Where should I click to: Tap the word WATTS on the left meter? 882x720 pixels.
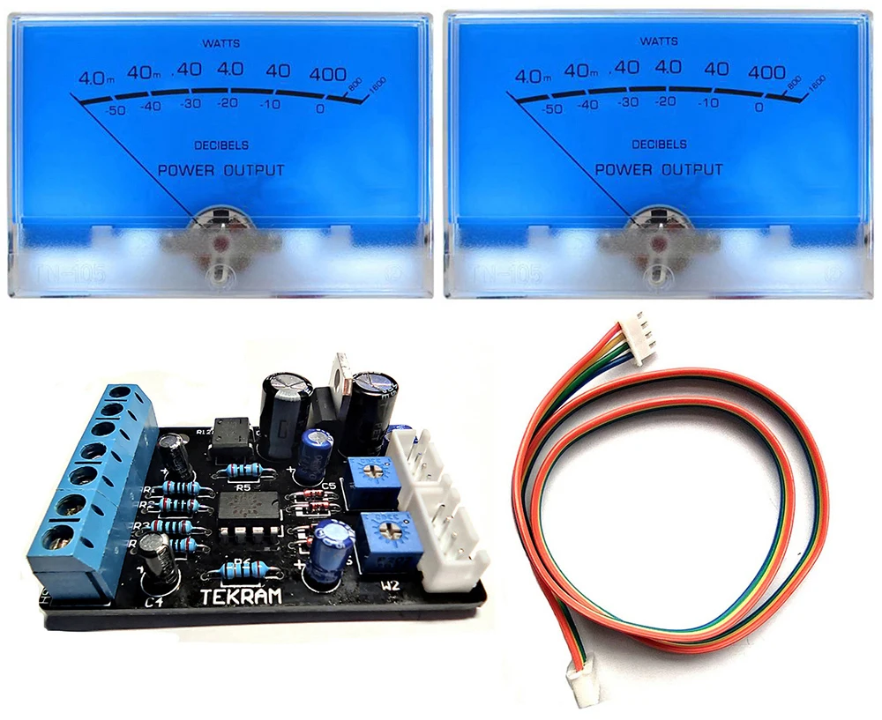220,42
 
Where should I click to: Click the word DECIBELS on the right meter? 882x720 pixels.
659,144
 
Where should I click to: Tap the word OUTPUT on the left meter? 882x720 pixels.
251,170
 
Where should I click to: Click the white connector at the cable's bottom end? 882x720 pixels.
585,686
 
